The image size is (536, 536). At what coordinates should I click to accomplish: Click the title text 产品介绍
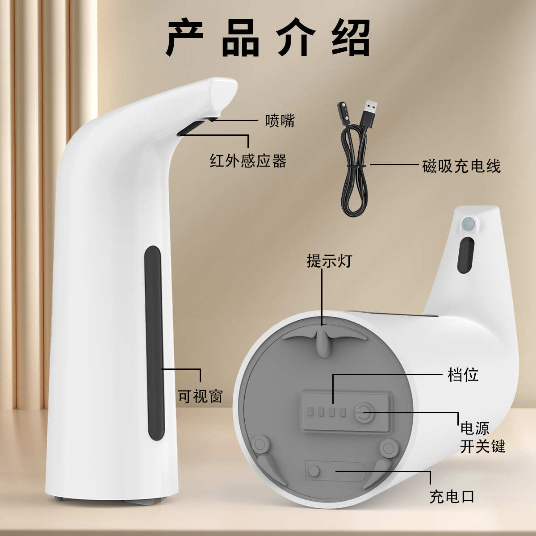268,38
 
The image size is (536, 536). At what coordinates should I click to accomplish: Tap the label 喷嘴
280,120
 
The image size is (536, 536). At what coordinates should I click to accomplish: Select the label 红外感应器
248,160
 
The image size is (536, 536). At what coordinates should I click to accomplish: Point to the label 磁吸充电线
461,166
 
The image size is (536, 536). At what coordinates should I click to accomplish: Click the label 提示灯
329,260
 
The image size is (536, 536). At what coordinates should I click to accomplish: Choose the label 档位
463,374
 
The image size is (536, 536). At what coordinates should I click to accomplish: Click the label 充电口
452,496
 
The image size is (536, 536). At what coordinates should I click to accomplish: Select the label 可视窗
200,396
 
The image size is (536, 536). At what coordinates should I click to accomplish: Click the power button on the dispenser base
362,411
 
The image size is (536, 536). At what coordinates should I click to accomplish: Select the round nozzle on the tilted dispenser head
468,223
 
